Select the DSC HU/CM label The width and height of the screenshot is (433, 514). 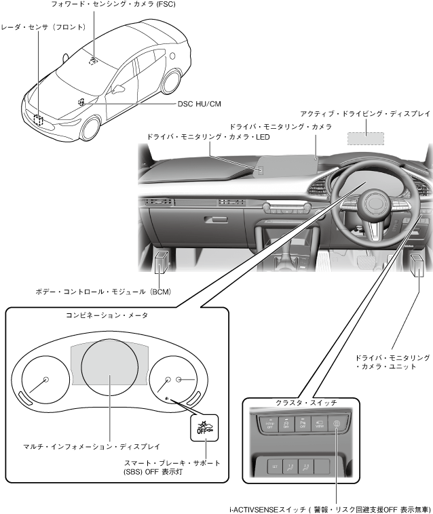pos(199,104)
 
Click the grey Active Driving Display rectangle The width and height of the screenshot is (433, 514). pos(365,138)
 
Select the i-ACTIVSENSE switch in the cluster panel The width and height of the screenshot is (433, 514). pos(337,424)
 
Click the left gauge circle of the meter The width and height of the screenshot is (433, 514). pos(45,380)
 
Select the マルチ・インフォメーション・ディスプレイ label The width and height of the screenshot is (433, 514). pos(92,448)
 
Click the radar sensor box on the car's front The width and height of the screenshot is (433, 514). pos(38,121)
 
